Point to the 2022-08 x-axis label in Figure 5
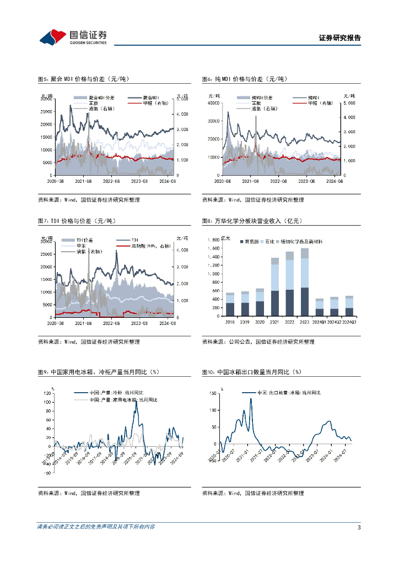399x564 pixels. (x=112, y=180)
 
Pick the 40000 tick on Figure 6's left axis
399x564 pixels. (x=213, y=103)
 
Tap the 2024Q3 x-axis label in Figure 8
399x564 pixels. (x=349, y=322)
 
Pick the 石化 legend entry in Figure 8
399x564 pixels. (x=269, y=241)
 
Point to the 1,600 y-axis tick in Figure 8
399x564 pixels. (x=214, y=248)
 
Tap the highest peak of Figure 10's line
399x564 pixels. (x=251, y=399)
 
